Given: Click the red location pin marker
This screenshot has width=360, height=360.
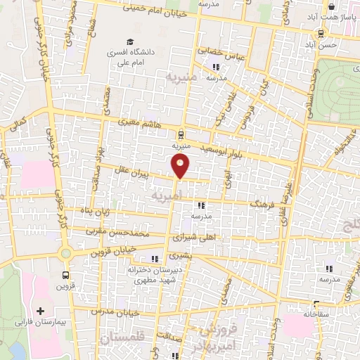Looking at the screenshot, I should (x=181, y=166).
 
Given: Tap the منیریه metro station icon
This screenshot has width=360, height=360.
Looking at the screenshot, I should (x=181, y=134).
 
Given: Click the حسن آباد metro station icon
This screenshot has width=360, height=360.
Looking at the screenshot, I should (x=321, y=32).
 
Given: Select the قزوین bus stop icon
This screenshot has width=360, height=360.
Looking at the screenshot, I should (x=66, y=275).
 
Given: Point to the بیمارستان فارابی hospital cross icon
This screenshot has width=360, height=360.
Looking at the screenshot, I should (x=39, y=310).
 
